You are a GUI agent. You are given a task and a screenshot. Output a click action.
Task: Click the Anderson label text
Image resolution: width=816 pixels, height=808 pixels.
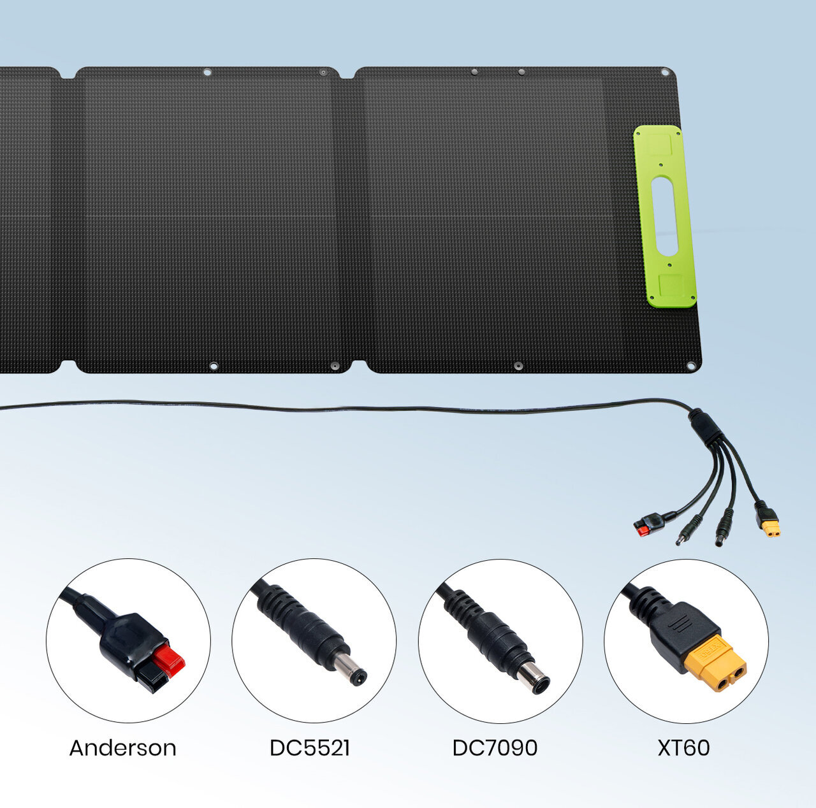pyautogui.click(x=122, y=747)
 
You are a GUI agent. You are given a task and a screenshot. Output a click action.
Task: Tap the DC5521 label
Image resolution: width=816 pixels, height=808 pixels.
pyautogui.click(x=310, y=747)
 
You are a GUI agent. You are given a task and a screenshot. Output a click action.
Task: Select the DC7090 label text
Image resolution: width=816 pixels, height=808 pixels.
pyautogui.click(x=495, y=747)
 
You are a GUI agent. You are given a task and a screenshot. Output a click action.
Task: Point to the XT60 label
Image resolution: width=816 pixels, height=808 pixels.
pyautogui.click(x=683, y=747)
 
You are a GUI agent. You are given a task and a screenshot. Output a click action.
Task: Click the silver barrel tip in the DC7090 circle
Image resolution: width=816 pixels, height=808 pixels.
pyautogui.click(x=532, y=677)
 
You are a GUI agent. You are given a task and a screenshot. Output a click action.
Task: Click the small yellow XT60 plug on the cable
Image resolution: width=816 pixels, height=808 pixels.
pyautogui.click(x=771, y=528)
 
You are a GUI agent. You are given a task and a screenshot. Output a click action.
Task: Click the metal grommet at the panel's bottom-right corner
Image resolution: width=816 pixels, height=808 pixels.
pyautogui.click(x=690, y=366)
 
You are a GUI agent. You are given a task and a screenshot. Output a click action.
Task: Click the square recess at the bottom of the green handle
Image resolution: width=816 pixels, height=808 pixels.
pyautogui.click(x=671, y=285)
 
